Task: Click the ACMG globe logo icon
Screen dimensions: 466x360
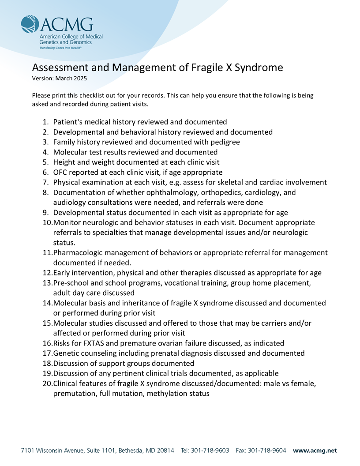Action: click(30, 25)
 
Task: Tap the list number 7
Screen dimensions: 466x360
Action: click(45, 182)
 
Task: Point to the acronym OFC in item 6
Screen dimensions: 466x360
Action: click(61, 172)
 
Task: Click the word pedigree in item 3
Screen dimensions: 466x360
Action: click(223, 142)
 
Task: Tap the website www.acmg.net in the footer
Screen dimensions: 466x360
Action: click(315, 451)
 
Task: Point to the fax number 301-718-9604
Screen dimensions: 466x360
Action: click(267, 451)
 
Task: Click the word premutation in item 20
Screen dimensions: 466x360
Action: click(74, 394)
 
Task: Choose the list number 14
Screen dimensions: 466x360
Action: click(47, 303)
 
